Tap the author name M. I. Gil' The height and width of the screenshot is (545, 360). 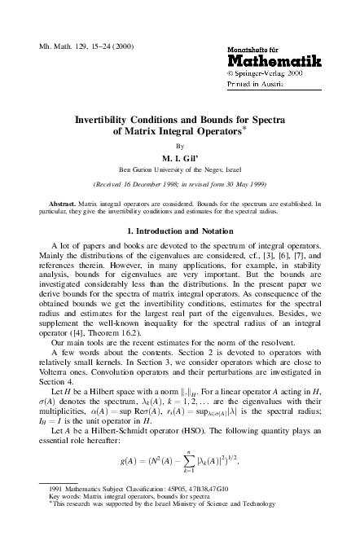[181, 157]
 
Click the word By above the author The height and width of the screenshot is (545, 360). [181, 146]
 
